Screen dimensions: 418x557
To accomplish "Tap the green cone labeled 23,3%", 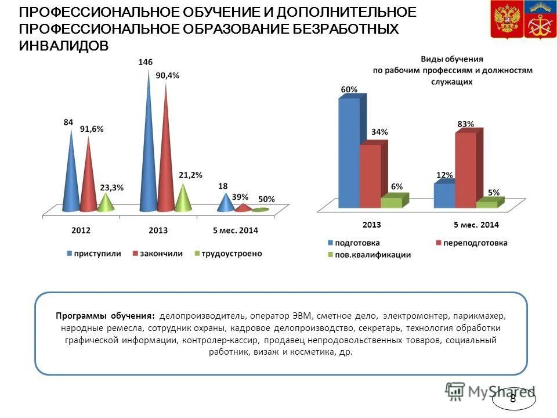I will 105,203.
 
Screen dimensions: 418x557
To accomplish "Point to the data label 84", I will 68,122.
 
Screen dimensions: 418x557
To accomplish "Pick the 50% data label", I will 266,199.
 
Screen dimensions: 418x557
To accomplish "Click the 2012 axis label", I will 81,230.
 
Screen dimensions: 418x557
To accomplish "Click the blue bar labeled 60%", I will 349,154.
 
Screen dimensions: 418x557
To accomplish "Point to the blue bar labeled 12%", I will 444,196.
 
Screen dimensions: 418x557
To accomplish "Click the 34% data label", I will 380,132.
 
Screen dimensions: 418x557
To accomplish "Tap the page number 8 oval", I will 513,399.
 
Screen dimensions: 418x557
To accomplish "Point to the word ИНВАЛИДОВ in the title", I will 64,46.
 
